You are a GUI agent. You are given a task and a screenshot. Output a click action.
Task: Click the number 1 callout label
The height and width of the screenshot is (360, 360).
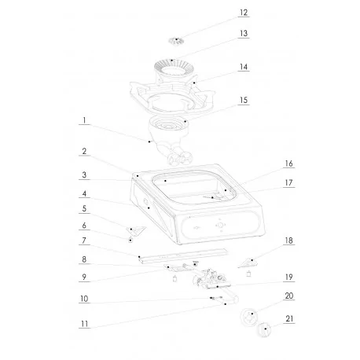(x=83, y=122)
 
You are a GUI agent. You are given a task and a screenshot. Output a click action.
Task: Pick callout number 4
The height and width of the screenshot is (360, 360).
(x=83, y=193)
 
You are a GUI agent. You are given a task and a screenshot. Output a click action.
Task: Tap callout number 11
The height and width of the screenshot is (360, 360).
(x=83, y=323)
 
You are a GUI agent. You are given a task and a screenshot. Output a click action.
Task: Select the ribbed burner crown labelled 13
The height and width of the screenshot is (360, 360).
(x=168, y=70)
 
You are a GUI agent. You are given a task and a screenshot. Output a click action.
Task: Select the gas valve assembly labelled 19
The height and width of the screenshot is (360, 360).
(x=211, y=277)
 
